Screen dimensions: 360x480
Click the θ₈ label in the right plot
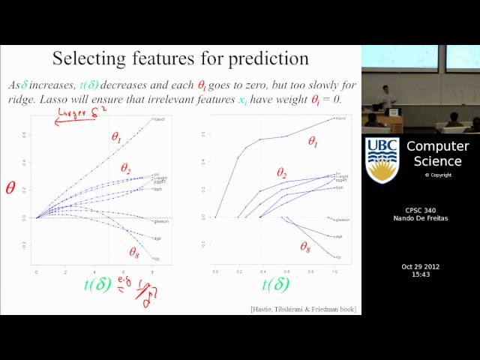[307, 246]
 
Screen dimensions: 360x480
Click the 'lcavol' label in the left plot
[158, 119]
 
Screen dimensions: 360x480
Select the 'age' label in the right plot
[339, 236]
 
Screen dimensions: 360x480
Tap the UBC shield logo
[382, 160]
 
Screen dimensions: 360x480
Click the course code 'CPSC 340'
[419, 211]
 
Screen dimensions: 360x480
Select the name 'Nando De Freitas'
[419, 219]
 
